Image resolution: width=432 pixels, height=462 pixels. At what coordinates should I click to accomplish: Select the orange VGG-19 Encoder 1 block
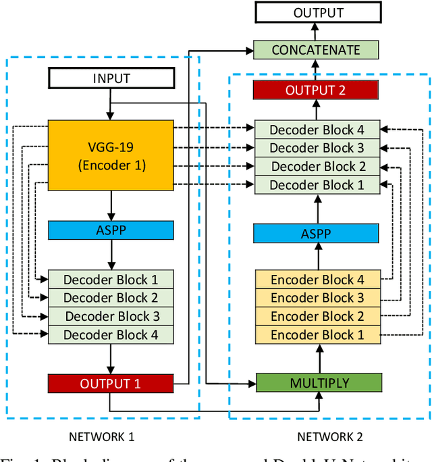pos(111,155)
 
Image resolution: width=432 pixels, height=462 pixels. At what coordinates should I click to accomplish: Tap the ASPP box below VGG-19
pos(111,230)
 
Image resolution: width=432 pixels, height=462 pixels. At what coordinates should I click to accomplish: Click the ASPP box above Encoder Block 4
pos(316,234)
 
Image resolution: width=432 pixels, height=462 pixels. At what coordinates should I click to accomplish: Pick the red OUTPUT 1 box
pos(110,384)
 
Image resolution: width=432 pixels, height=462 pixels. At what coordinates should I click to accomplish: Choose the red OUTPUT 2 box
pos(317,90)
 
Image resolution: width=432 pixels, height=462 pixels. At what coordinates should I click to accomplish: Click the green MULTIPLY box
pos(319,383)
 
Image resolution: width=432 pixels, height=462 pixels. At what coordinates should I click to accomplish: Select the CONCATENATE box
pos(316,50)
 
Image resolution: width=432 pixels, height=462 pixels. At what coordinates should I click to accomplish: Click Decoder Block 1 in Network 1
pos(111,279)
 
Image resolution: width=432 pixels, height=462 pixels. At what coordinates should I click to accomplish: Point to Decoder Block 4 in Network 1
pos(111,334)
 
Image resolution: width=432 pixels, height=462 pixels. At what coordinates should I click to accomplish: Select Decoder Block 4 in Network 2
pos(317,130)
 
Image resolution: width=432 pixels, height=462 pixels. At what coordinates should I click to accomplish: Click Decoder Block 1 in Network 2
pos(317,184)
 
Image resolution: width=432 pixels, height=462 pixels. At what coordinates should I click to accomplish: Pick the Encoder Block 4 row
pos(317,279)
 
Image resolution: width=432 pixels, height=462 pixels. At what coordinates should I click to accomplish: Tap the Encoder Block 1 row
pos(317,334)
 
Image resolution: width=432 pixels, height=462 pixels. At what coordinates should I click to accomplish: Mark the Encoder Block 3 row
pos(317,297)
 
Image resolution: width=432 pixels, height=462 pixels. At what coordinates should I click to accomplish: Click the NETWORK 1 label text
pos(102,437)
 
